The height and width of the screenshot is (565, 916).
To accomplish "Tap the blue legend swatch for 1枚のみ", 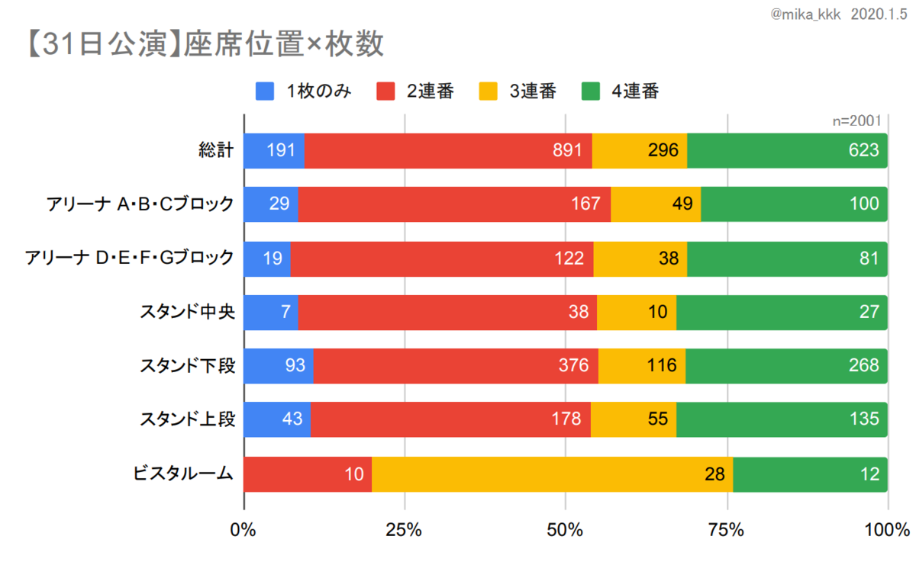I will point(265,91).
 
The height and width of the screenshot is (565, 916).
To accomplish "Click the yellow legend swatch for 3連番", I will point(489,91).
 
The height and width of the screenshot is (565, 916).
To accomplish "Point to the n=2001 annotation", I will point(856,120).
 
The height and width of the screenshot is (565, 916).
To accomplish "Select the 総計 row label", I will point(215,150).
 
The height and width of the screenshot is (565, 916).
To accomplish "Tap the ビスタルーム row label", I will point(182,474).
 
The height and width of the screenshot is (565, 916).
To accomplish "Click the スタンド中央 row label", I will point(186,312).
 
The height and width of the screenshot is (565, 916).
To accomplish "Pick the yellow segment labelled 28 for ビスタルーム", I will point(552,474).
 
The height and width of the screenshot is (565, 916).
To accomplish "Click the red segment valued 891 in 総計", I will point(448,150).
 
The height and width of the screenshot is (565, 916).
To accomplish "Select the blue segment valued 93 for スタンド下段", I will point(278,366).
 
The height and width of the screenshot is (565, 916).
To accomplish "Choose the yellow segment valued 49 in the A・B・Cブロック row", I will point(656,204).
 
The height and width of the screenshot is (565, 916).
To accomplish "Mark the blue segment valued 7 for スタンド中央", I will point(270,312).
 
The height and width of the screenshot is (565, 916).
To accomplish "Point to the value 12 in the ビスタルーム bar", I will point(869,474).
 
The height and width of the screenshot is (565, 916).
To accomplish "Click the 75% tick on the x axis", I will point(727,531).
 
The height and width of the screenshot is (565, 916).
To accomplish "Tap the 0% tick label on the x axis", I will point(244,531).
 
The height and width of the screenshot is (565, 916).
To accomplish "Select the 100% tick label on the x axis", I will point(888,531).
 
